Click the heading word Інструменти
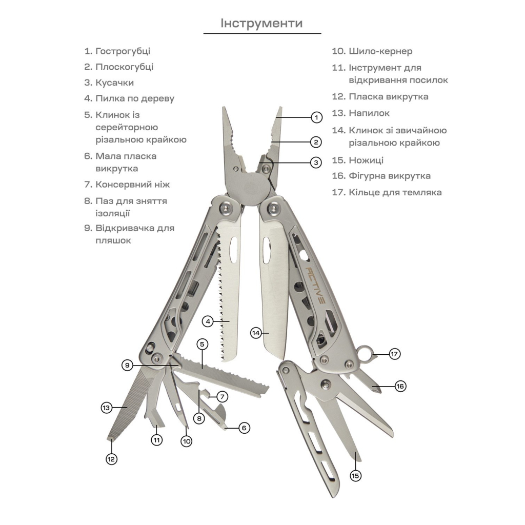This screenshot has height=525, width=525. [261, 24]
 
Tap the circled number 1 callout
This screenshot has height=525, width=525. [317, 117]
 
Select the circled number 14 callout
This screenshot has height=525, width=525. [256, 333]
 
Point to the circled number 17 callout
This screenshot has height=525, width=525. [394, 354]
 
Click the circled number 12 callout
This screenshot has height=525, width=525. [112, 459]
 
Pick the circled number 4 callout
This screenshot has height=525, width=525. [207, 321]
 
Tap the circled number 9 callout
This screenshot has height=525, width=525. [128, 365]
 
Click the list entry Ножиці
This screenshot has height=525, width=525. [366, 160]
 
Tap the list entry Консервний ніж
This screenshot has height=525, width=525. [132, 184]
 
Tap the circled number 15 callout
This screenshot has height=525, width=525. [355, 475]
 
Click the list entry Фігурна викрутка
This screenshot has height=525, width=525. [389, 176]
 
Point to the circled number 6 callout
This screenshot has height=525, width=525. [245, 427]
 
